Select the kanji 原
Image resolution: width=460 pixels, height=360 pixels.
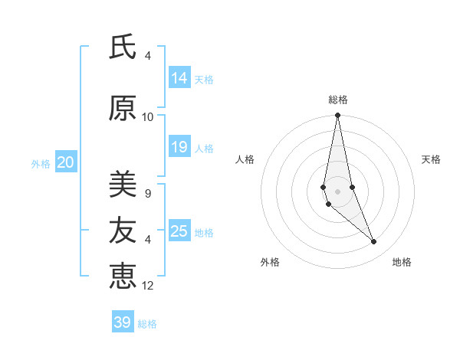pos(123,109)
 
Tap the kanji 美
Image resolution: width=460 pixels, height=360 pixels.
pos(123,184)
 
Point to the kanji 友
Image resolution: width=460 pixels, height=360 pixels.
pos(123,230)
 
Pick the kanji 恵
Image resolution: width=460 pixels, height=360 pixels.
pos(123,276)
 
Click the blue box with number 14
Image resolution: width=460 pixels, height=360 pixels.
pos(179,78)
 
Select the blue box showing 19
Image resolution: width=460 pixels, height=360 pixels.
pos(179,147)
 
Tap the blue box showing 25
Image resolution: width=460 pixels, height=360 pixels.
pos(179,231)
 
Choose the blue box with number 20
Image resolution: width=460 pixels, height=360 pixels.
pos(65,162)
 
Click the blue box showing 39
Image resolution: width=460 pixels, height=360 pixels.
pos(123,322)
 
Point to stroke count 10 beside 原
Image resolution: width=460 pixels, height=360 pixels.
pos(148,117)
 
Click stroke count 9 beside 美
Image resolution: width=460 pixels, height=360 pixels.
pos(148,194)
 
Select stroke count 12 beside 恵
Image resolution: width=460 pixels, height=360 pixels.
pos(148,286)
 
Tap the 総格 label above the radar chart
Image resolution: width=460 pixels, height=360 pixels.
pos(338,100)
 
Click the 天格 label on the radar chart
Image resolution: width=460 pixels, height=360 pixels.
pos(431,159)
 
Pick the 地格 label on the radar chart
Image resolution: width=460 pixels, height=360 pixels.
pos(402,262)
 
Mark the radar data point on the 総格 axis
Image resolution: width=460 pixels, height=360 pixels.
pos(337,116)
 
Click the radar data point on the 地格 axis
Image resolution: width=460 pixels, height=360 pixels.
pos(374,242)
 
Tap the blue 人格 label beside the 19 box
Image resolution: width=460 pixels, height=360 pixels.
pos(204,148)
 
